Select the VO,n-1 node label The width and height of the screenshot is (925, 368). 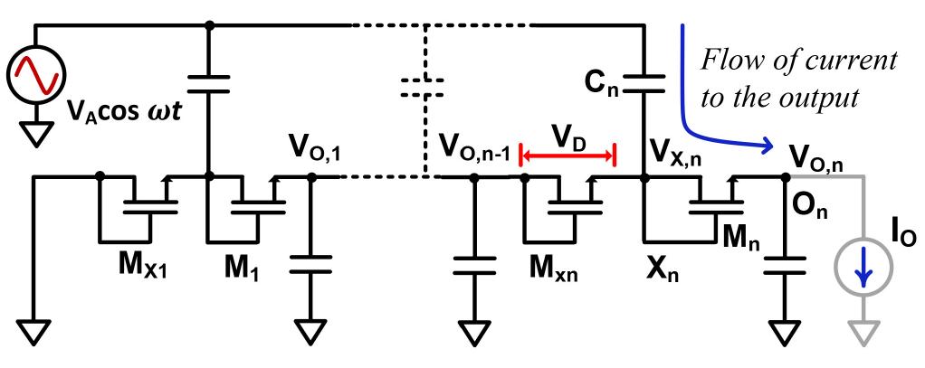471,146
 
